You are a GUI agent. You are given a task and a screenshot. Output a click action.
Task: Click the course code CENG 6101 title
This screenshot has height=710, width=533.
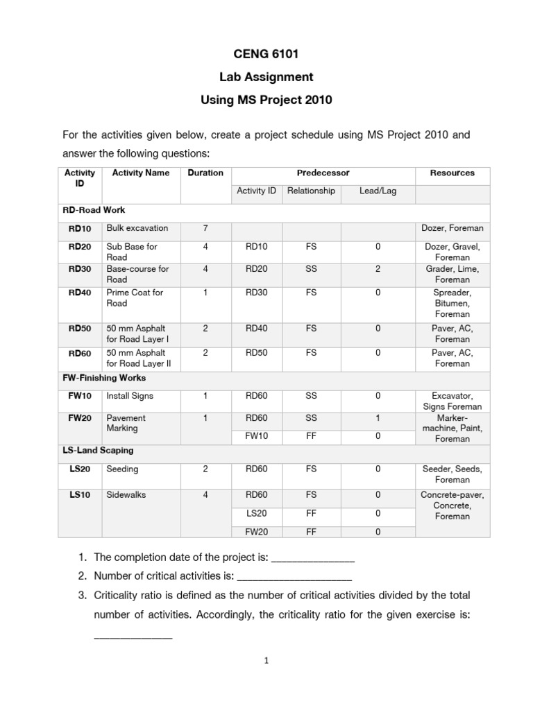pyautogui.click(x=266, y=54)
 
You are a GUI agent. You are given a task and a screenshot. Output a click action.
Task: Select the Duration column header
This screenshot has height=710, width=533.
pyautogui.click(x=205, y=173)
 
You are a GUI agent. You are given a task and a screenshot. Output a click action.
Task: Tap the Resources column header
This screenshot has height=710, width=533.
pyautogui.click(x=452, y=173)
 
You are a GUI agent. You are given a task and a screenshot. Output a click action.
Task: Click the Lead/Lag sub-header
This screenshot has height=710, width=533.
pyautogui.click(x=378, y=191)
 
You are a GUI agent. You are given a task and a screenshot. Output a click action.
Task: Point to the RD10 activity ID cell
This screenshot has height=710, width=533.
pyautogui.click(x=80, y=228)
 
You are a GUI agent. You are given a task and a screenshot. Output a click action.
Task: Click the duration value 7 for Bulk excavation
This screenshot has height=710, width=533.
pyautogui.click(x=205, y=228)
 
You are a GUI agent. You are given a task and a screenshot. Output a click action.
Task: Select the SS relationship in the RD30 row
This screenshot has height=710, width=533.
pyautogui.click(x=310, y=269)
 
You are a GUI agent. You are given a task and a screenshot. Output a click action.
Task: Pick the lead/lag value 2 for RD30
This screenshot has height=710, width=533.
pyautogui.click(x=378, y=269)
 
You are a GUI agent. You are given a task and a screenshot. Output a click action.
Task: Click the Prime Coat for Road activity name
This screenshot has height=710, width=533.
pyautogui.click(x=135, y=298)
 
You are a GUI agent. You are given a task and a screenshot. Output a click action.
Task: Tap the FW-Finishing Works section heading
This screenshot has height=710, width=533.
pyautogui.click(x=104, y=379)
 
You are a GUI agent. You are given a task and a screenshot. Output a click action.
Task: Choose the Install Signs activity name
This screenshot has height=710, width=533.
pyautogui.click(x=130, y=396)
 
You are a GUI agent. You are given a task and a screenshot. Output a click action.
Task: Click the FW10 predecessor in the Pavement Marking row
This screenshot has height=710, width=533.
pyautogui.click(x=256, y=436)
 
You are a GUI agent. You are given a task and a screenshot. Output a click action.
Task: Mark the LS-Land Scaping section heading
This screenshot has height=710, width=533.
pyautogui.click(x=99, y=451)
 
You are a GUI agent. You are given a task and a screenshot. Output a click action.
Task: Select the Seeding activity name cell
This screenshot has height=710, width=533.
pyautogui.click(x=122, y=469)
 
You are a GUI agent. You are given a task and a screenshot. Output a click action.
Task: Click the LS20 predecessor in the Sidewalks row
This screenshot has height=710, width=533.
pyautogui.click(x=256, y=514)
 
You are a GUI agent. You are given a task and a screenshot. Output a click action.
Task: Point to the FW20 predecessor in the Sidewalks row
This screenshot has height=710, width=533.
pyautogui.click(x=256, y=532)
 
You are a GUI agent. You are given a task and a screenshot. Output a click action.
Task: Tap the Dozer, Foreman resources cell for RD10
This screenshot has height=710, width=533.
pyautogui.click(x=452, y=228)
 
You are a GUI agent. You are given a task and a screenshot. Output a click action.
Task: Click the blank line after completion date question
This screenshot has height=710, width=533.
pyautogui.click(x=312, y=557)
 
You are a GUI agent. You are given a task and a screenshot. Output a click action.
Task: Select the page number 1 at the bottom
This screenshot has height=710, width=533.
pyautogui.click(x=266, y=661)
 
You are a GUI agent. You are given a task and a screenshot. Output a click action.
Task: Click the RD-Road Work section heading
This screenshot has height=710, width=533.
pyautogui.click(x=94, y=209)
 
